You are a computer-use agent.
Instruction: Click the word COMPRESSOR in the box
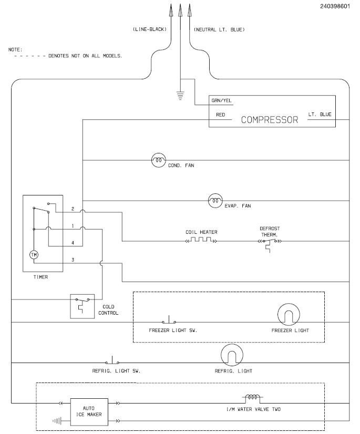(x=269, y=119)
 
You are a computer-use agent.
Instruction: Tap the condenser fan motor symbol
(x=158, y=160)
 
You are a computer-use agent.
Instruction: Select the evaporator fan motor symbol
(x=215, y=200)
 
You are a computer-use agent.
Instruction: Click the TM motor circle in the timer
(x=34, y=255)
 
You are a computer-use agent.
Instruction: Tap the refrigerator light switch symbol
(x=112, y=361)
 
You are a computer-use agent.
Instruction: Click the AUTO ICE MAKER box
(x=88, y=411)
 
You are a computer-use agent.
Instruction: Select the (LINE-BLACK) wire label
(x=150, y=29)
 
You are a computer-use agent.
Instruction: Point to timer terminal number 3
(x=73, y=260)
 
